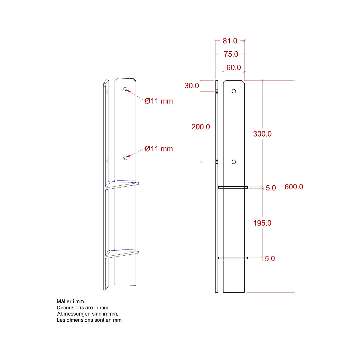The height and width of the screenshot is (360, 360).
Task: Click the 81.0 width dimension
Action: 230,41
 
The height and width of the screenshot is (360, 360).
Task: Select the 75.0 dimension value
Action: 231,54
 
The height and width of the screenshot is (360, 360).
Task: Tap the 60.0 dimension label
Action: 233,68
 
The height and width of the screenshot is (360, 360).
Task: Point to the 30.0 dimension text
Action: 192,86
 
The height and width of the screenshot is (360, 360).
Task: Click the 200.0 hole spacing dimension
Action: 201,127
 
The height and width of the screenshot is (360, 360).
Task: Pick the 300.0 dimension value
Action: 262,134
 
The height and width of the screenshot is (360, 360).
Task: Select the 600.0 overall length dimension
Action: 294,187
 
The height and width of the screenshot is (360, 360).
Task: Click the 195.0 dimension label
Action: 262,223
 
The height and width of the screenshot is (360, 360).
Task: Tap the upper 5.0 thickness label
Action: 271,188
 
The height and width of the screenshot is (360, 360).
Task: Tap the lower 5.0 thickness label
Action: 270,259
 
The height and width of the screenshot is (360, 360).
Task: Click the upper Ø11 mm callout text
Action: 159,101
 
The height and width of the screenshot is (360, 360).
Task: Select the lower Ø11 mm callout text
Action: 159,149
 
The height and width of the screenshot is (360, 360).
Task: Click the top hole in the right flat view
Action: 234,91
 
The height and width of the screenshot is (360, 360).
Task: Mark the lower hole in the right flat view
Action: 234,162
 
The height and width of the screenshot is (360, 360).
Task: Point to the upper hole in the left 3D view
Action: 125,89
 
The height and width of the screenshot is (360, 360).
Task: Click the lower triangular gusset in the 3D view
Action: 121,253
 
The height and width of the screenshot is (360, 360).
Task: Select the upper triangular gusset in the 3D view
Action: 121,184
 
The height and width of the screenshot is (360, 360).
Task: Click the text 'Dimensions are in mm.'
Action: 83,307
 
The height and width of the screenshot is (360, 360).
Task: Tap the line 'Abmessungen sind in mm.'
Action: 87,314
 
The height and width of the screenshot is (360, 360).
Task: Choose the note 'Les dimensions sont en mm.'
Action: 90,320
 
